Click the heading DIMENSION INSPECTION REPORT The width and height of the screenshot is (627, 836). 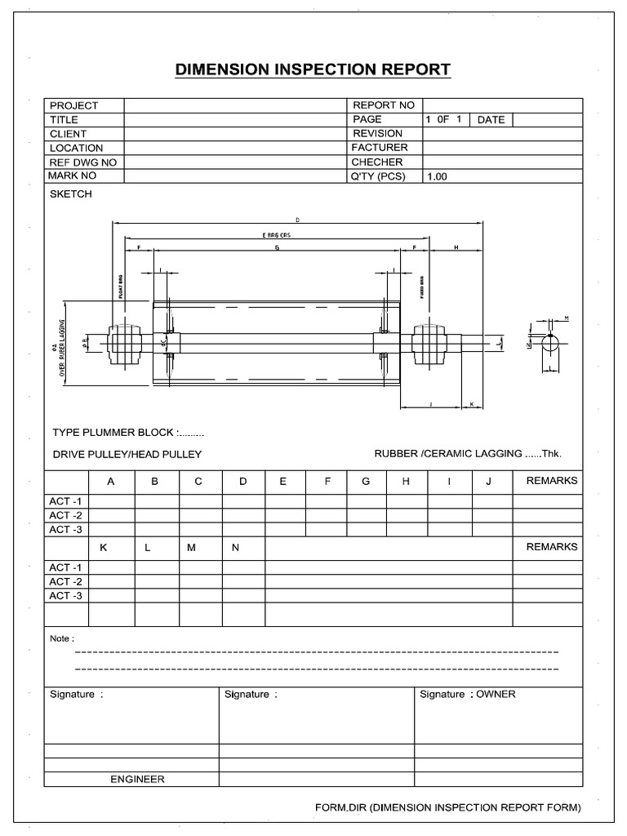(313, 69)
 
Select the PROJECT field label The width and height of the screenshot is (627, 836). (73, 105)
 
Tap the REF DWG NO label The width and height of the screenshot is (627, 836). (82, 162)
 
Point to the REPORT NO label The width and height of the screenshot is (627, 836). (383, 105)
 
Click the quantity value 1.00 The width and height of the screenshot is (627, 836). (437, 176)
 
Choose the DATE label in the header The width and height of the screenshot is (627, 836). (491, 120)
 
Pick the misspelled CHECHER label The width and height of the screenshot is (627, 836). (377, 162)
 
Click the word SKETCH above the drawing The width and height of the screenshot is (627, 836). (71, 194)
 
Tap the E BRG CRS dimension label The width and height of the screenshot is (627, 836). (277, 235)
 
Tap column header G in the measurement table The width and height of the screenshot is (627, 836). (366, 482)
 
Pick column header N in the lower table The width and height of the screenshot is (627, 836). (235, 547)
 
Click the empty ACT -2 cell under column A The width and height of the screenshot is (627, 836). (111, 515)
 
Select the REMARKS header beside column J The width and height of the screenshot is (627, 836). (552, 481)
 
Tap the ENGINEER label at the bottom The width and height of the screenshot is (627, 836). (137, 779)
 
